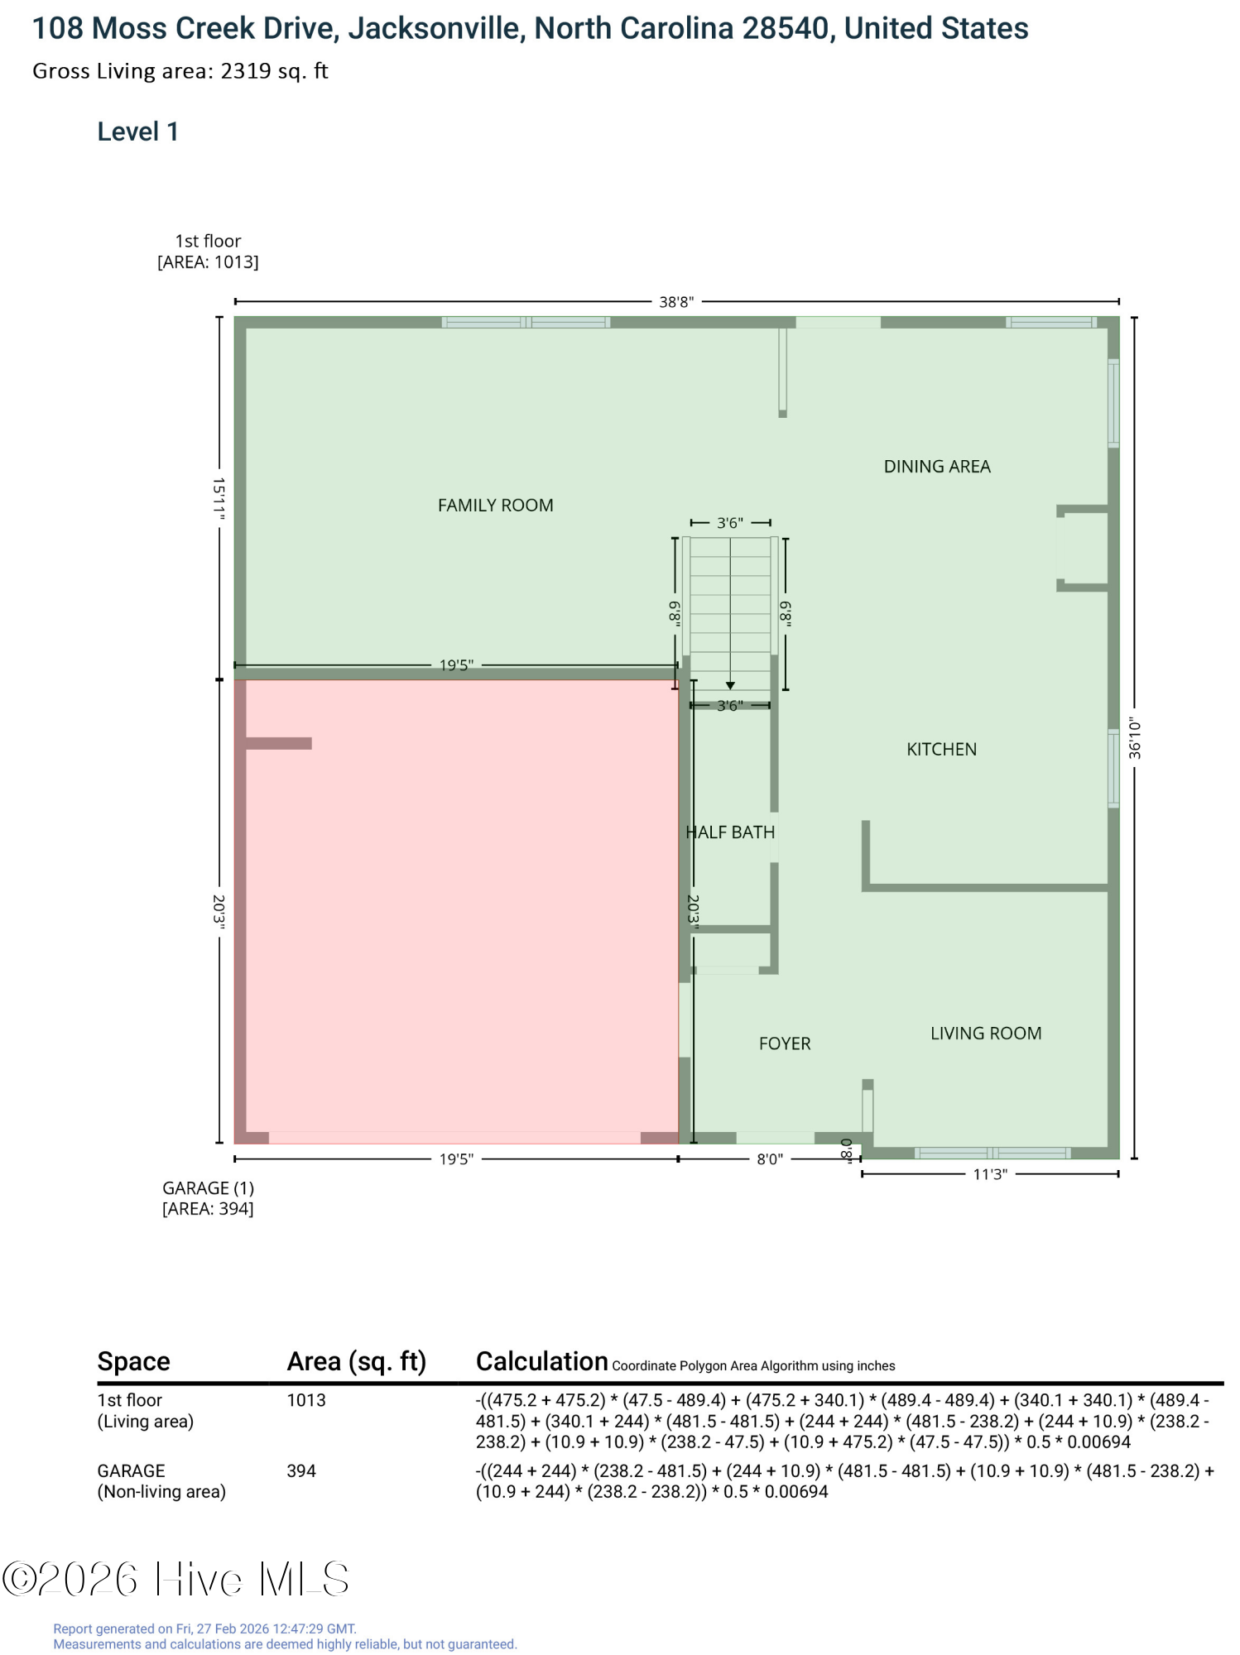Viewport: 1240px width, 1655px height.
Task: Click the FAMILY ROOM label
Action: (x=495, y=506)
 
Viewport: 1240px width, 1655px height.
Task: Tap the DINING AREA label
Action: (x=937, y=467)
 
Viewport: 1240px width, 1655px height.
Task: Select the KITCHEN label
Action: (x=941, y=750)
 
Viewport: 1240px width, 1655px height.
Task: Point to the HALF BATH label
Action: (x=730, y=832)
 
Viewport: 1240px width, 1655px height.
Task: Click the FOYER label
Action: (x=785, y=1044)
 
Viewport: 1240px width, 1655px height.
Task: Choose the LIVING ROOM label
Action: (x=986, y=1034)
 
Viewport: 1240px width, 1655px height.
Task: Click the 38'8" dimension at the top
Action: (x=676, y=302)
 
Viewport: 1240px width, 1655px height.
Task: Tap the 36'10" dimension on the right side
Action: (x=1135, y=738)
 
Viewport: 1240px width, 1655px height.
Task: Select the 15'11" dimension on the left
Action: (x=219, y=498)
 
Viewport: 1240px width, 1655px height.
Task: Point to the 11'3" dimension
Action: (x=990, y=1174)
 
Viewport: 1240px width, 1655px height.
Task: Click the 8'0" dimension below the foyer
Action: (x=770, y=1159)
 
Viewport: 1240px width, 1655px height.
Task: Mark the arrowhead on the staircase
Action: (x=730, y=686)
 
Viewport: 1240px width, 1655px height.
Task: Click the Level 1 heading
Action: (x=137, y=132)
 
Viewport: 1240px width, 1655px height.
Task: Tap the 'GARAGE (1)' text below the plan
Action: (x=208, y=1188)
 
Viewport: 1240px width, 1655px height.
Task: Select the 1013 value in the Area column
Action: (x=306, y=1400)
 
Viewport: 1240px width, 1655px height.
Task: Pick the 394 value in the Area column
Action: (x=301, y=1470)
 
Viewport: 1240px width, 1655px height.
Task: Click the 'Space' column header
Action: (x=133, y=1361)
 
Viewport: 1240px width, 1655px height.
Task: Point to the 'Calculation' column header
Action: (x=542, y=1361)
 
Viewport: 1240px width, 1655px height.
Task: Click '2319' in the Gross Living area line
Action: (x=246, y=71)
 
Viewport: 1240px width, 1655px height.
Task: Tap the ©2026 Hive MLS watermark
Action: (x=175, y=1579)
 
